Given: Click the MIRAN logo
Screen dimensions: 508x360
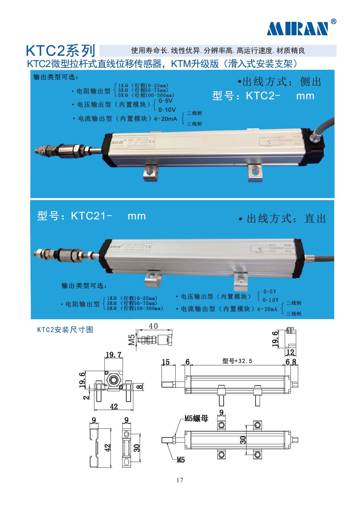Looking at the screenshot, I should click(x=298, y=29).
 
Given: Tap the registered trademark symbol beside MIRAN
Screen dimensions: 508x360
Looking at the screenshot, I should click(x=333, y=21).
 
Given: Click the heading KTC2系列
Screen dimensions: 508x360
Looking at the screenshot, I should click(x=61, y=51).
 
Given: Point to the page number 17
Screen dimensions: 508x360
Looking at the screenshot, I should click(x=180, y=480).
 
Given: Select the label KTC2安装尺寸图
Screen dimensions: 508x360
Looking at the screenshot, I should click(x=65, y=330).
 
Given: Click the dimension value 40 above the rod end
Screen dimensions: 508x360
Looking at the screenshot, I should click(x=153, y=326).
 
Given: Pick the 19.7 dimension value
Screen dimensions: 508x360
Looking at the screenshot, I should click(x=114, y=355).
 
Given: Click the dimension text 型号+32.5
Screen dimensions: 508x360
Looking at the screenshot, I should click(x=237, y=361).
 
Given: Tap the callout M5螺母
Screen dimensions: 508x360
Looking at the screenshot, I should click(x=196, y=418).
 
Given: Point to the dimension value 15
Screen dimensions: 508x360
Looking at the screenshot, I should click(x=166, y=362).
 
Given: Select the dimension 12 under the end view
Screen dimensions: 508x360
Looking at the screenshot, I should click(x=290, y=352).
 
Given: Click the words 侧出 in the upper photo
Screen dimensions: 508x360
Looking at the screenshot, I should click(x=311, y=82).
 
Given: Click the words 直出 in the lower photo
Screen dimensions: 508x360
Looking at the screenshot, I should click(x=315, y=219).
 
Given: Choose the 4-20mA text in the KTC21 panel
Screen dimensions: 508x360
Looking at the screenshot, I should click(x=267, y=309).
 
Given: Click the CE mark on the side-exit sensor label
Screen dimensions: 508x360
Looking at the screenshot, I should click(x=152, y=142).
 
